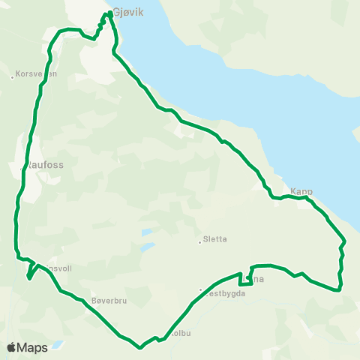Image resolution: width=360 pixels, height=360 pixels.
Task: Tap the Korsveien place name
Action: [x=36, y=74]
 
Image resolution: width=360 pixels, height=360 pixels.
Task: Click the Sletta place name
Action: [x=215, y=240]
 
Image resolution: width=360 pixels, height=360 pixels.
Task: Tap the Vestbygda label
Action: [x=226, y=293]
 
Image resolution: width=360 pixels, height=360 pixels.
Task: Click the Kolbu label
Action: [x=181, y=332]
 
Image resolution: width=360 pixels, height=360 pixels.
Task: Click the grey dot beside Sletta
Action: [x=199, y=241]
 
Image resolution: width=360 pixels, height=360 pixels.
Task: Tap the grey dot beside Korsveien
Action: [x=13, y=76]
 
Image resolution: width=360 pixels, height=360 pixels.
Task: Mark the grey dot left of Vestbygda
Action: [x=201, y=289]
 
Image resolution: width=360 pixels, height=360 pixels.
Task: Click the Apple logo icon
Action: [x=11, y=348]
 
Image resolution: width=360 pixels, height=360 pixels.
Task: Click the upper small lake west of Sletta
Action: [x=147, y=232]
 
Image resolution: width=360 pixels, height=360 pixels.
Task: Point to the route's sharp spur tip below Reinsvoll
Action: [x=28, y=277]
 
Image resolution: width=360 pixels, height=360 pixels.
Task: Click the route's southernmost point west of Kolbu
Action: [x=140, y=347]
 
